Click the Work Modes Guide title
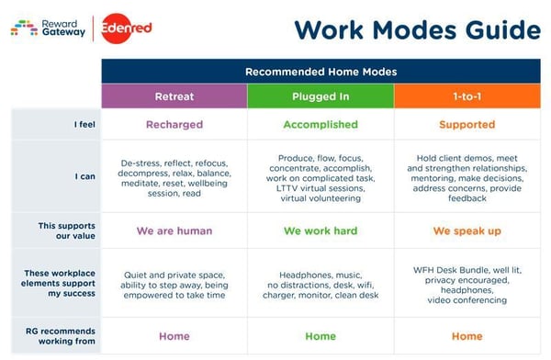click(417, 29)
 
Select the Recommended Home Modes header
click(320, 71)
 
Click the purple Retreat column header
click(174, 96)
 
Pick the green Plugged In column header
click(320, 96)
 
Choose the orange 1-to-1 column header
click(467, 96)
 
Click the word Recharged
click(174, 124)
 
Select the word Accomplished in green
click(320, 124)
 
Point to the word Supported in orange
click(467, 124)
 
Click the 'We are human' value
click(174, 231)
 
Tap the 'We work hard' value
click(320, 231)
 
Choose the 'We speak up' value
click(467, 231)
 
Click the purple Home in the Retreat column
click(174, 336)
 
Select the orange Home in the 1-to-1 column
click(467, 336)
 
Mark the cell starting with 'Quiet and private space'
click(174, 284)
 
